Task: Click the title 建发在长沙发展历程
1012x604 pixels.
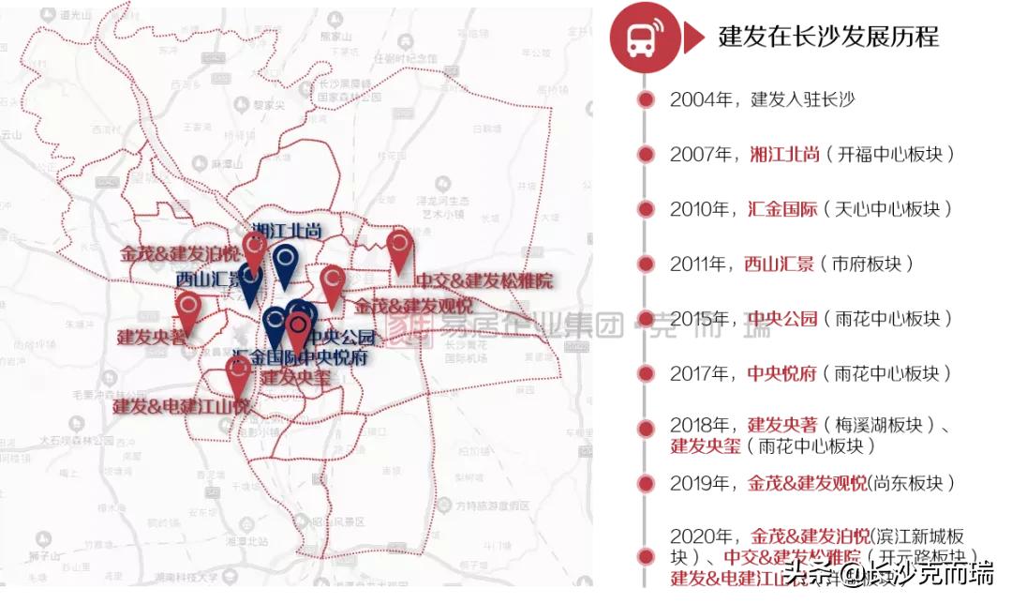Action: pyautogui.click(x=828, y=37)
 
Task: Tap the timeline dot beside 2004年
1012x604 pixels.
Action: pyautogui.click(x=645, y=99)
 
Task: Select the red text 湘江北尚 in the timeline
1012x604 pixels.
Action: pyautogui.click(x=784, y=155)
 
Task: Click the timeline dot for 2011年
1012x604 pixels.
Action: pyautogui.click(x=645, y=264)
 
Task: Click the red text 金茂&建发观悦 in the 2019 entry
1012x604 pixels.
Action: pyautogui.click(x=808, y=483)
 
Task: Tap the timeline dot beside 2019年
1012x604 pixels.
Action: pyautogui.click(x=645, y=483)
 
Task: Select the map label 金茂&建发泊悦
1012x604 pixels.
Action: pyautogui.click(x=179, y=254)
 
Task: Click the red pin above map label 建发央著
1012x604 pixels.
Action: pyautogui.click(x=188, y=309)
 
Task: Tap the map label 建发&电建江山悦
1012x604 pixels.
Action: pyautogui.click(x=182, y=407)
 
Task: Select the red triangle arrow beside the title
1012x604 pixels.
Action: pyautogui.click(x=693, y=38)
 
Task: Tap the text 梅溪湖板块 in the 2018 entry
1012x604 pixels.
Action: pyautogui.click(x=881, y=425)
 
